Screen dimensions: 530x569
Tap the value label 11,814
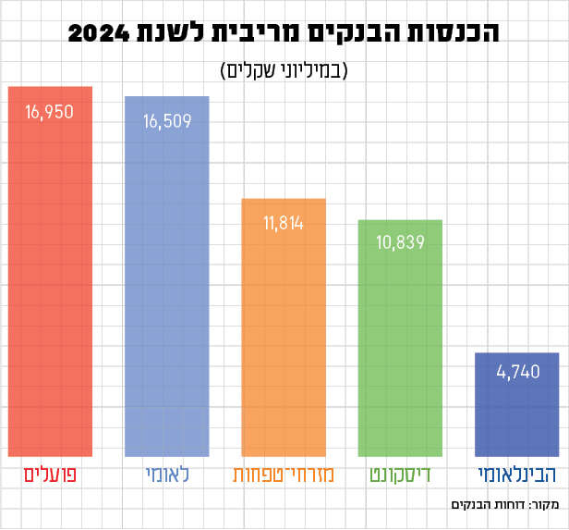pyautogui.click(x=284, y=224)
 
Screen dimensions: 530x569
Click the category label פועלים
pyautogui.click(x=50, y=477)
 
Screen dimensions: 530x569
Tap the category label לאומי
pyautogui.click(x=166, y=477)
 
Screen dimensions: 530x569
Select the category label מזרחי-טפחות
pyautogui.click(x=284, y=477)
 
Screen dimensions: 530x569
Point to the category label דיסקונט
pyautogui.click(x=400, y=477)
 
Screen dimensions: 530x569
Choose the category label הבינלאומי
pyautogui.click(x=516, y=477)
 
